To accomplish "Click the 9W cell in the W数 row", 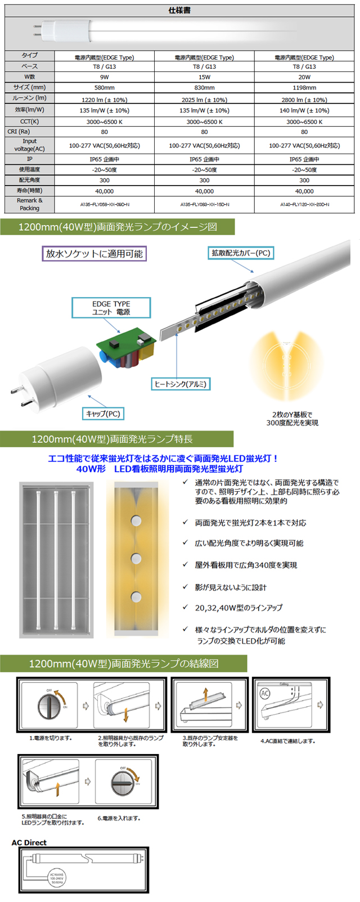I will point(105,77).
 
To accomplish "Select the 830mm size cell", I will point(204,88).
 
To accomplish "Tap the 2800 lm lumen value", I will point(304,100).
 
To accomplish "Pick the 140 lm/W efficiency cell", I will point(304,111).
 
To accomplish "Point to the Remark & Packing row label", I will point(29,204).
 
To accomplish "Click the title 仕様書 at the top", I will point(179,11).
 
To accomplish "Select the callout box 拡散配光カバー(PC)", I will point(241,253).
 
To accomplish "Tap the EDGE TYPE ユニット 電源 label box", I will point(111,308).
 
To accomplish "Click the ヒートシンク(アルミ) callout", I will point(180,384).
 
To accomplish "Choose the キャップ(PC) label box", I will point(103,414).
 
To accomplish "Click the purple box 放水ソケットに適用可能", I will point(94,254).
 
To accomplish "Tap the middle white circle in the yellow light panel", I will point(136,558).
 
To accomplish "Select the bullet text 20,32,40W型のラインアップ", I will point(238,608).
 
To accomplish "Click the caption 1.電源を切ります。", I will point(51,738).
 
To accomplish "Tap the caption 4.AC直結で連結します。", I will point(287,741).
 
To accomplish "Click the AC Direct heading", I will point(29,842).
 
